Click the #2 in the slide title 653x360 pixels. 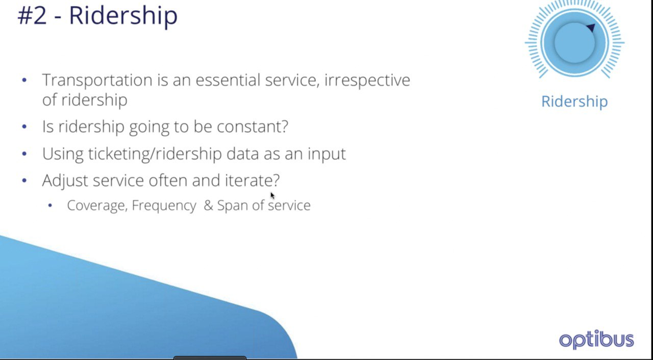[x=32, y=16]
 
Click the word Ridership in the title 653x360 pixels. [x=123, y=17]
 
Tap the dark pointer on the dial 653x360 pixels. [x=591, y=28]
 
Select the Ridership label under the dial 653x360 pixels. [x=574, y=101]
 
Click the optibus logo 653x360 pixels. [x=596, y=339]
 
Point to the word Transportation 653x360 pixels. [x=97, y=81]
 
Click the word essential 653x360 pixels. [x=228, y=80]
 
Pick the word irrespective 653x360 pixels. [x=367, y=81]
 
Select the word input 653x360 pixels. [x=326, y=154]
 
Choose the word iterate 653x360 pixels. [x=252, y=181]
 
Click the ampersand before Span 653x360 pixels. [x=209, y=205]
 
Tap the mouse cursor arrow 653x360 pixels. [x=272, y=195]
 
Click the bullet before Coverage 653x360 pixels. [x=50, y=205]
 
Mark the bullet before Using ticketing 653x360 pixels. [x=24, y=153]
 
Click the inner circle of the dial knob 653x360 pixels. [x=574, y=43]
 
